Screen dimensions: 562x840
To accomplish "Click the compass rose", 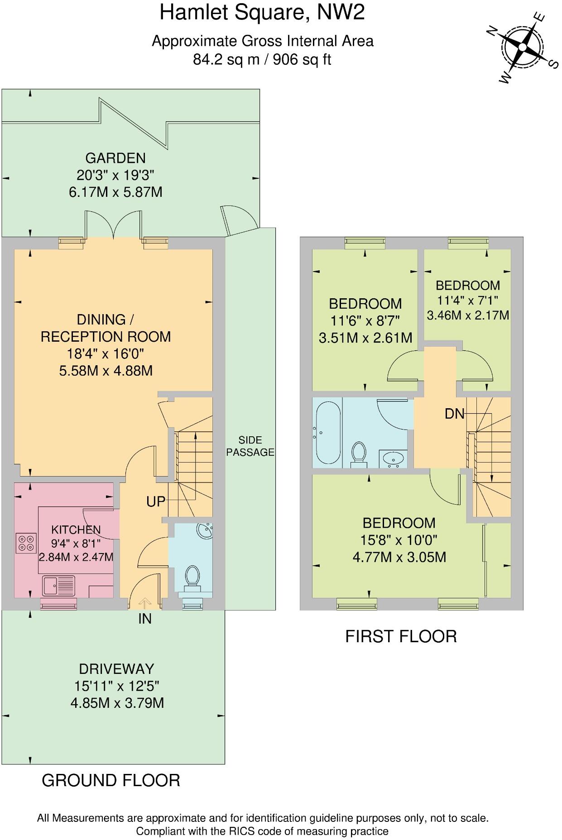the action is coord(523,47).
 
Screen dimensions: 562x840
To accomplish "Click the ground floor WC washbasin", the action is coord(204,530).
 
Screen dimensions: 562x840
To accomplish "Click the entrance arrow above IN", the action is coord(144,602).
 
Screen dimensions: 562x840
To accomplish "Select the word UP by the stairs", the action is coord(155,501).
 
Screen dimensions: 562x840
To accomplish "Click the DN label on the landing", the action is coord(455,413).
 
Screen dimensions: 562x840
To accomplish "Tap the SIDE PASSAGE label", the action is coord(250,446).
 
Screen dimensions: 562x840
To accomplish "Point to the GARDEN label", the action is coord(115,158).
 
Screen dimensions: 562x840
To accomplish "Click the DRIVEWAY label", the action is coord(116,669).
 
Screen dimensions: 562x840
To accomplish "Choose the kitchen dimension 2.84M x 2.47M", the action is coord(76,557).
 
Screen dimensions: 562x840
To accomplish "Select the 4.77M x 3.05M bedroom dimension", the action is coord(399,557).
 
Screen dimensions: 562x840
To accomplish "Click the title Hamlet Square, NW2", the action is coord(262,13).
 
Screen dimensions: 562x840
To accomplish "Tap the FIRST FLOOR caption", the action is coord(401,636).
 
